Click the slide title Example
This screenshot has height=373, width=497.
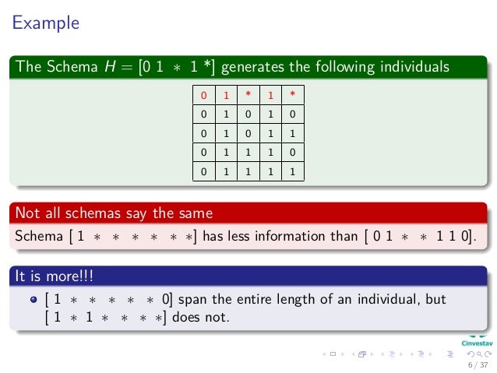coord(45,23)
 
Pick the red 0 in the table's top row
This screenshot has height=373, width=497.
coord(204,97)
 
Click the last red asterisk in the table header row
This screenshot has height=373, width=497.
coord(292,97)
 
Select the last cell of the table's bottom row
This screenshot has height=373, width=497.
coord(292,173)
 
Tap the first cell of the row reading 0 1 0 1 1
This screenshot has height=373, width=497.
coord(204,135)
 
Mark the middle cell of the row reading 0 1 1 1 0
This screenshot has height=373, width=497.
coord(248,154)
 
